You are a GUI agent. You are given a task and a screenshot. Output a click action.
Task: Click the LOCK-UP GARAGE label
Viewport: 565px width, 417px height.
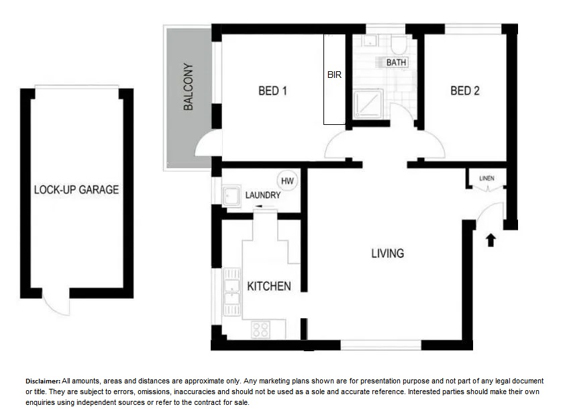pos(76,190)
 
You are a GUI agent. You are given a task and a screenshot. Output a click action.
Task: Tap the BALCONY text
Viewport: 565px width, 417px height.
pos(188,87)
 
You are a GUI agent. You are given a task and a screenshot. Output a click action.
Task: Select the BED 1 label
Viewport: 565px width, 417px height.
pos(273,91)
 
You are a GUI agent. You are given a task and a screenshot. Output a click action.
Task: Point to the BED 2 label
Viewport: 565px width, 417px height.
pos(465,91)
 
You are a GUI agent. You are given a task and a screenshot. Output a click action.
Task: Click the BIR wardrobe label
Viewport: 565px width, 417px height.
pos(334,75)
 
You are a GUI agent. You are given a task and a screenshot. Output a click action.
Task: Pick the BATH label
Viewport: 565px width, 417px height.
pos(396,62)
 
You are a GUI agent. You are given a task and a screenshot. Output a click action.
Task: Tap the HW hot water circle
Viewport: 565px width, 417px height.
pos(287,181)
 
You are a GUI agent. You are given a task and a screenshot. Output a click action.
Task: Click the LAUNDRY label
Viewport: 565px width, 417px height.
pos(262,195)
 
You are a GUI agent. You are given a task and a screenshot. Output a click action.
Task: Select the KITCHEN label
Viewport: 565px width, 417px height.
pos(269,286)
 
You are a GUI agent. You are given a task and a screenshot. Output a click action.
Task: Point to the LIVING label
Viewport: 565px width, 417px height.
pos(387,253)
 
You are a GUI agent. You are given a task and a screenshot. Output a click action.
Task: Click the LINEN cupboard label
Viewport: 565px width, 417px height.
pos(486,178)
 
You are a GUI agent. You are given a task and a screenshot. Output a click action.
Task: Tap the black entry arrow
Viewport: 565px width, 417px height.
pos(491,240)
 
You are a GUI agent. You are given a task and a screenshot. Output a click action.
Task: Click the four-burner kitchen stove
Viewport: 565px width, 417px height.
pos(260,330)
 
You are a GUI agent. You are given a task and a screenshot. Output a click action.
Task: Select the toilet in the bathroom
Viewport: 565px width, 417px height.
pos(399,44)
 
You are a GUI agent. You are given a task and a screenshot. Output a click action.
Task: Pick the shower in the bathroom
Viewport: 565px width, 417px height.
pos(368,104)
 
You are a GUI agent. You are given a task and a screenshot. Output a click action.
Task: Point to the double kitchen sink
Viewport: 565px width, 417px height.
pos(232,291)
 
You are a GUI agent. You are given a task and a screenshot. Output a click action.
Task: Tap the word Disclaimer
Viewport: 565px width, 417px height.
pos(43,381)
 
